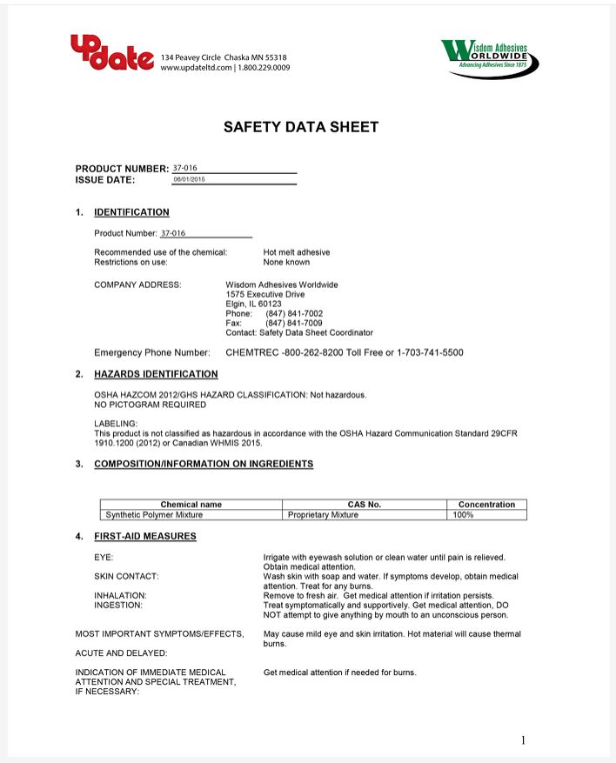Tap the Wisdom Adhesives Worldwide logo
coord(490,57)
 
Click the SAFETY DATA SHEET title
coord(301,127)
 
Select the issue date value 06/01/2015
coord(189,179)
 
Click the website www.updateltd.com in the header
coord(197,67)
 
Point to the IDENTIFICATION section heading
coord(131,212)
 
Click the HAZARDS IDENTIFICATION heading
coord(156,374)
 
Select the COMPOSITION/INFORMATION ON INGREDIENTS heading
coord(204,464)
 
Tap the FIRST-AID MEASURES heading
coord(144,536)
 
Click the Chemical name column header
coord(191,505)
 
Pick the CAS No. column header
coord(365,505)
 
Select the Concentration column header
coord(486,505)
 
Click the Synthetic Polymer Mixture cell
coord(154,515)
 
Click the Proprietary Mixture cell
coord(323,515)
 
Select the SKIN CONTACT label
coord(126,576)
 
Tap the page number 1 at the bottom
coord(523,740)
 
